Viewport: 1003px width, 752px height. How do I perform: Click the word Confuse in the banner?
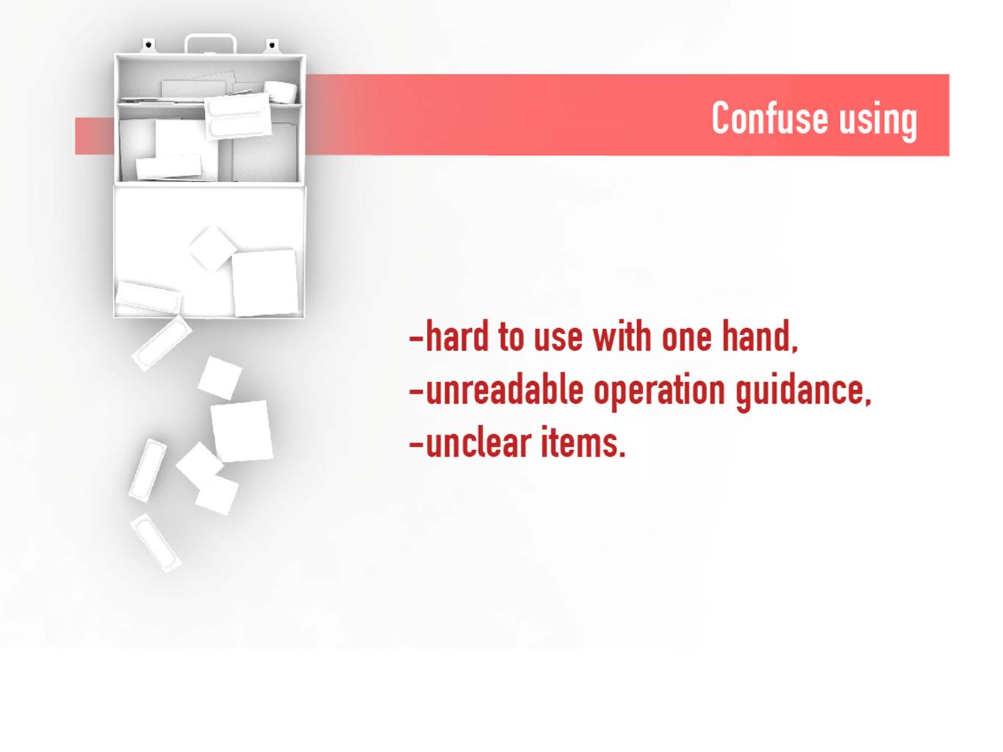coord(769,117)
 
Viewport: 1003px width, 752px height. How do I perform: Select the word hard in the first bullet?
coord(456,336)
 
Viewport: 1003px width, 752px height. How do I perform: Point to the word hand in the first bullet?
coord(760,336)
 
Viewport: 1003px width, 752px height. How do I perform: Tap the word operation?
coord(659,393)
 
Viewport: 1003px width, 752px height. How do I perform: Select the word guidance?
coord(803,393)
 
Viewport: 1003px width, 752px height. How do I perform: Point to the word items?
coord(583,441)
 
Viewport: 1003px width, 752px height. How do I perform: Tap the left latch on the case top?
coord(148,46)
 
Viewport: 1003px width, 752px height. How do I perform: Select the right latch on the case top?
coord(272,46)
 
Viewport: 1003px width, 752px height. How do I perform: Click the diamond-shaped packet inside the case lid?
coord(213,249)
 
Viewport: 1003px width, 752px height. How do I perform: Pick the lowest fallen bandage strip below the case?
coord(155,543)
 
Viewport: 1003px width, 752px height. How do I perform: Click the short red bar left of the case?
coord(95,136)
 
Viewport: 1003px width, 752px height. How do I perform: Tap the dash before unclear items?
coord(416,443)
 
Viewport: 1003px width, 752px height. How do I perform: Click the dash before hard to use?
coord(416,338)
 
